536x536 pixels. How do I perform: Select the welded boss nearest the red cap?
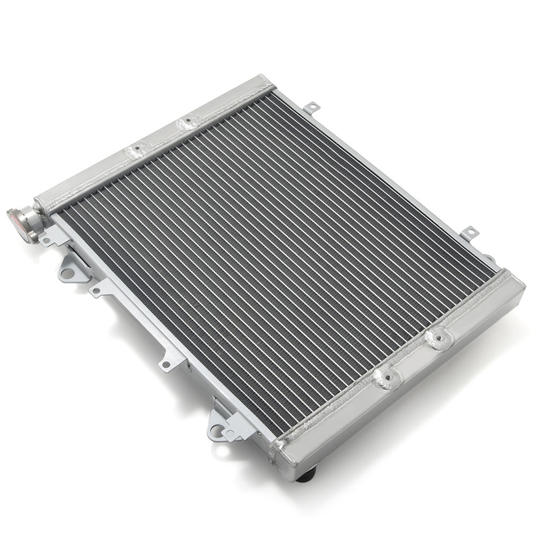tap(137, 148)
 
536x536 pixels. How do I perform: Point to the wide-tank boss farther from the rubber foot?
tap(438, 338)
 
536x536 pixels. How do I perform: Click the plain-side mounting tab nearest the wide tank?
tap(470, 232)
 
